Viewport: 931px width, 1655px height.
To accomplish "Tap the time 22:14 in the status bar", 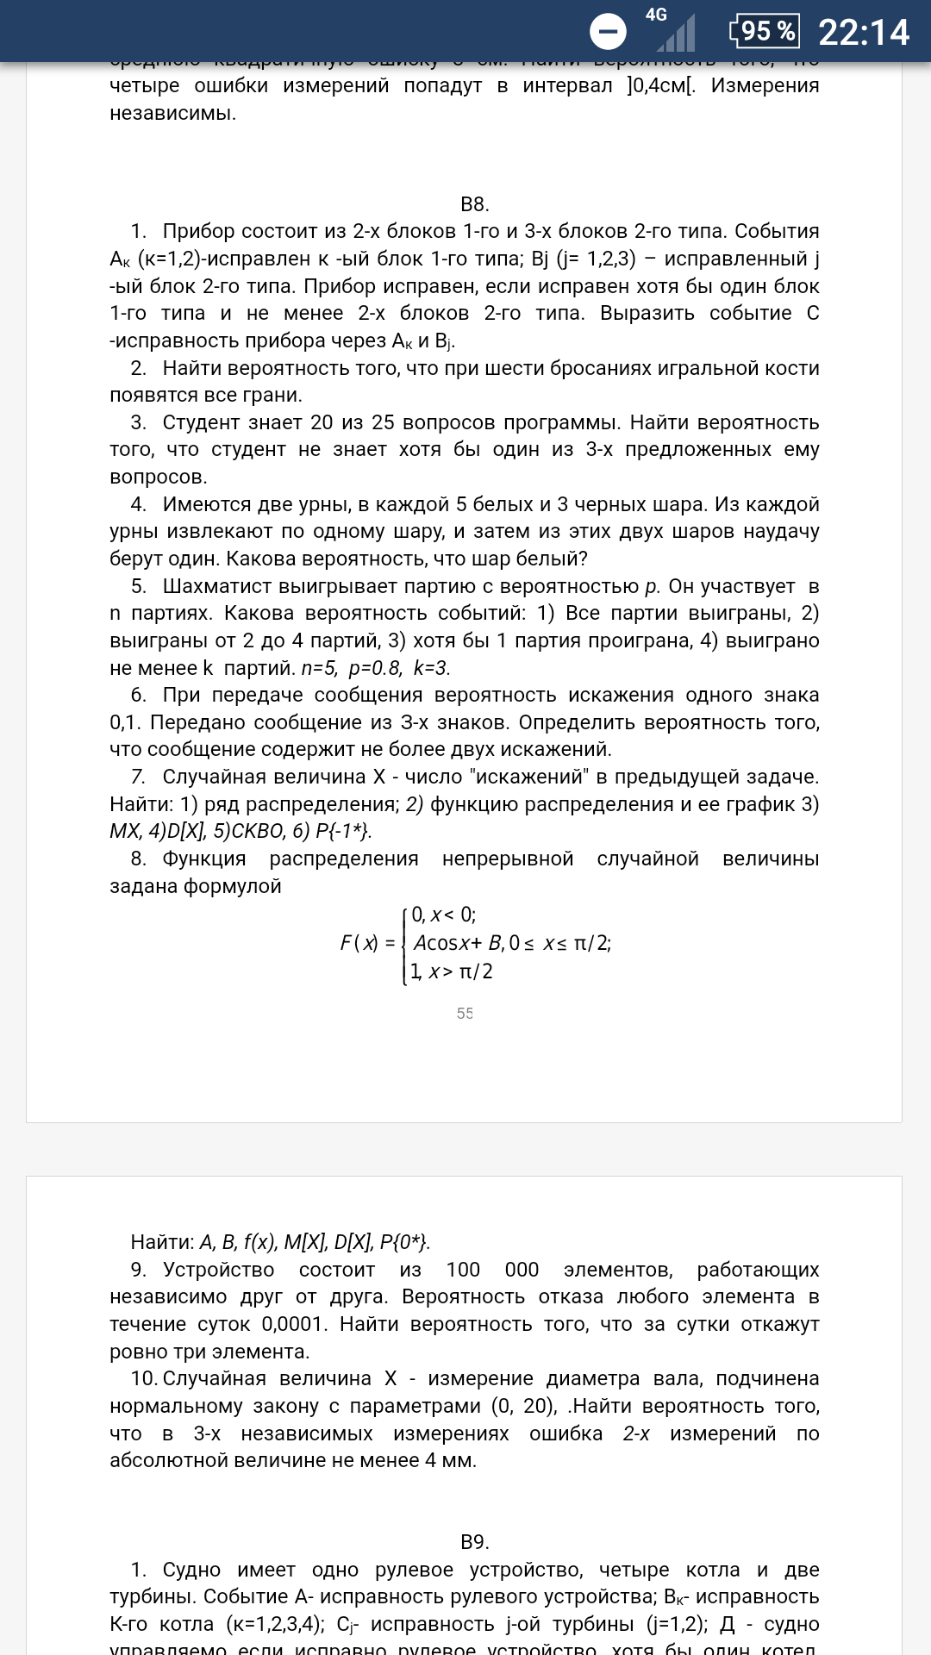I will click(x=863, y=33).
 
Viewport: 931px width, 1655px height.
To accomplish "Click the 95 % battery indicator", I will click(x=765, y=31).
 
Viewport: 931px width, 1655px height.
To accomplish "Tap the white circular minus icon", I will click(x=608, y=32).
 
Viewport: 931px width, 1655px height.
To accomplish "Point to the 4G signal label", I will click(x=656, y=15).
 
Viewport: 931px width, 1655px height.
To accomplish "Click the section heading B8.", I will click(x=474, y=204).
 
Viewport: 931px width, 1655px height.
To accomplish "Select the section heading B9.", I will click(x=474, y=1542).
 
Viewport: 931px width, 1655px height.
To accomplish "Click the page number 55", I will click(x=465, y=1014).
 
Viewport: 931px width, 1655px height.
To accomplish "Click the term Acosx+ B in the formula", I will click(x=458, y=943).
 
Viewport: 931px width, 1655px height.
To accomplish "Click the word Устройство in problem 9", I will click(x=218, y=1270).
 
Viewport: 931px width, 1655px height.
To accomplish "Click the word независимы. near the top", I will click(x=172, y=113).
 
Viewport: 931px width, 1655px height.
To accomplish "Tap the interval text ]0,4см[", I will click(x=661, y=85).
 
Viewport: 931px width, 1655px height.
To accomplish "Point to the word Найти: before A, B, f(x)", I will click(x=162, y=1242).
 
